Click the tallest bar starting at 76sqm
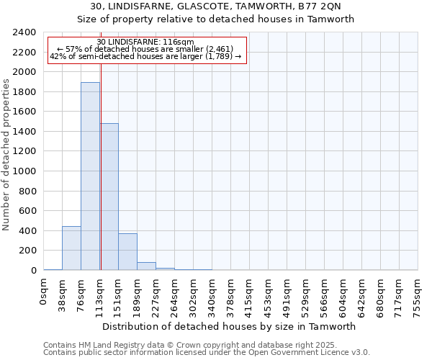90,176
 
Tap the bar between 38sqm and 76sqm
71,248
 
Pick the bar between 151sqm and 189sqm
127,252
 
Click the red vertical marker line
101,158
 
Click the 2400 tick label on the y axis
24,32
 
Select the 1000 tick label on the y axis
24,171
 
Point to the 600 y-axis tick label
27,211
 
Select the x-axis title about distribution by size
230,326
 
